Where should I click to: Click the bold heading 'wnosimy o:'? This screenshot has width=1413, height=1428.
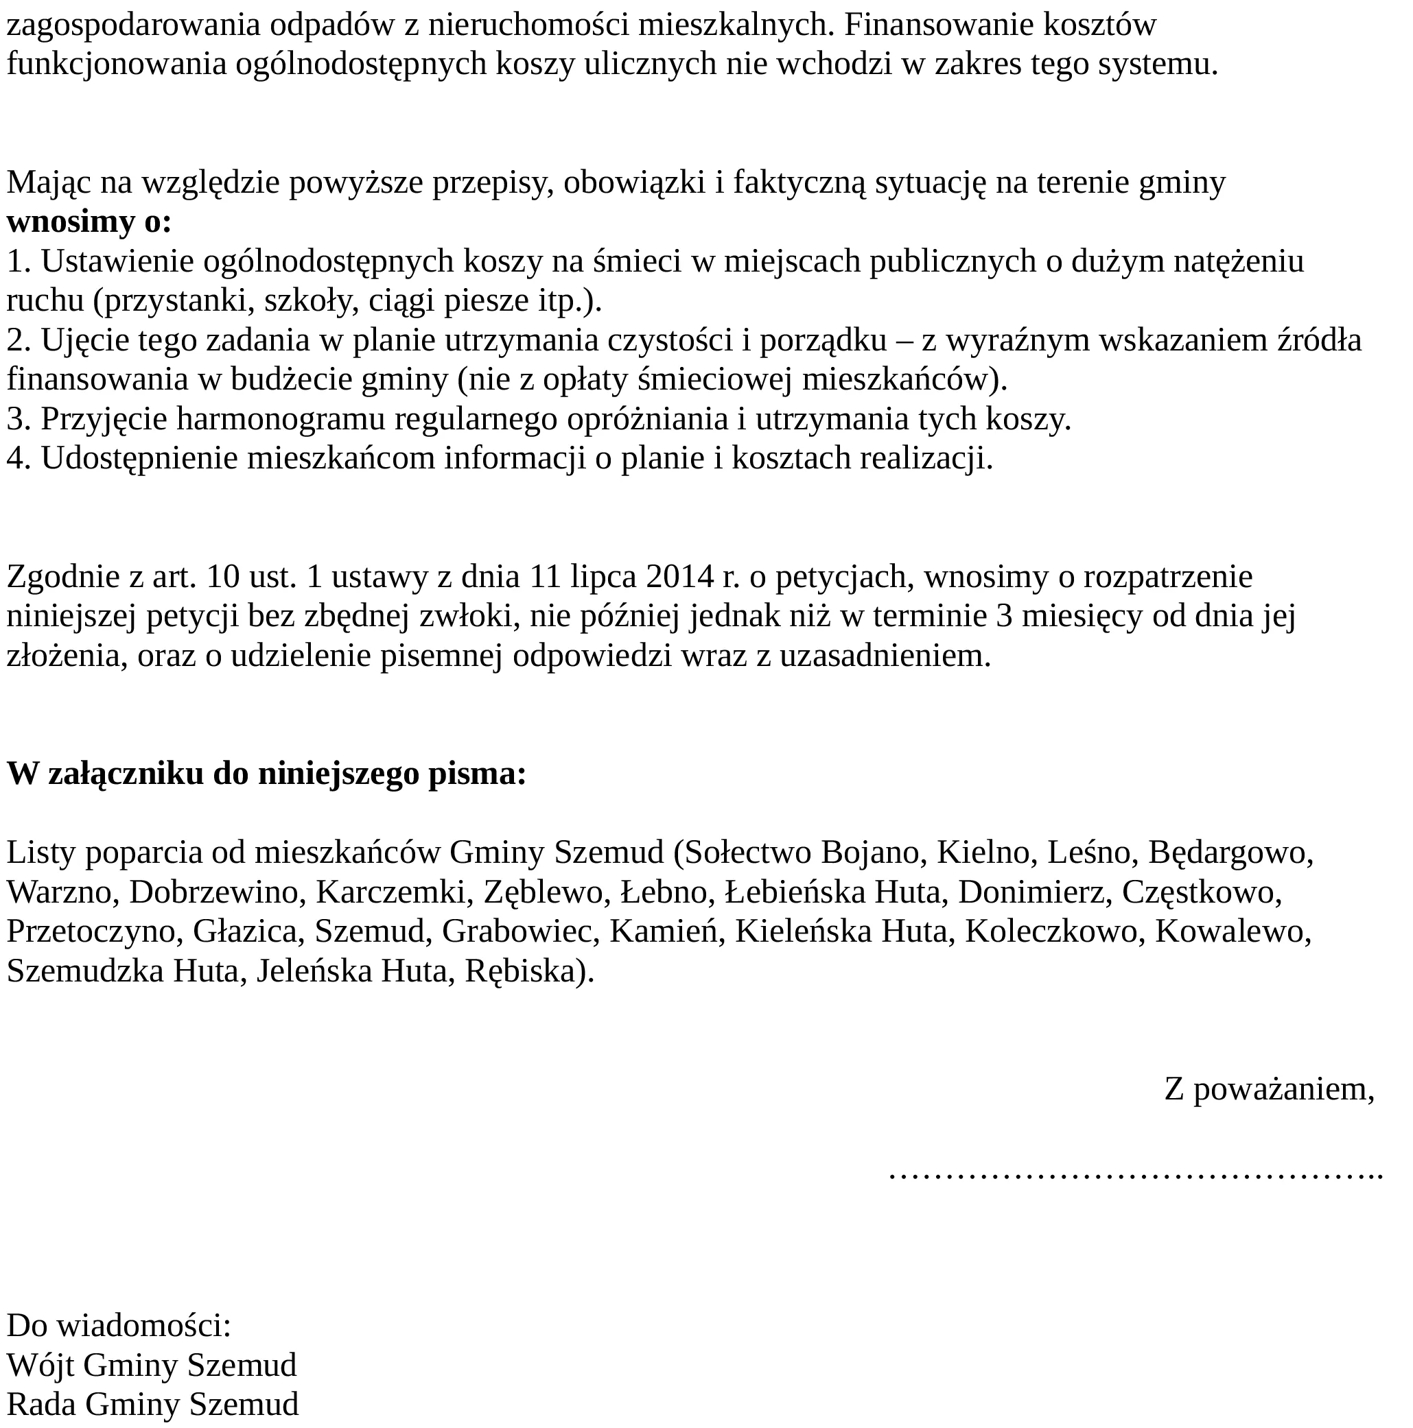(x=89, y=222)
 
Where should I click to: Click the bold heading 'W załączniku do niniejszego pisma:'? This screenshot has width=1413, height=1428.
(x=266, y=774)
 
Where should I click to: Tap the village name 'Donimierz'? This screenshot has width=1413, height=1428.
(x=1034, y=892)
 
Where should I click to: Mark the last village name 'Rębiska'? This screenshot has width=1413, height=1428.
(x=526, y=971)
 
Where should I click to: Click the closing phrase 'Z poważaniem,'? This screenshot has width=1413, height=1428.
(x=1269, y=1088)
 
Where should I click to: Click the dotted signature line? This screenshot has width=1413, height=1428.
(x=1135, y=1173)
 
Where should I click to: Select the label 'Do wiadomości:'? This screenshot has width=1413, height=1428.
(x=119, y=1325)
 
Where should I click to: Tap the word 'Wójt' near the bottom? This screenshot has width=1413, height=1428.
(x=40, y=1364)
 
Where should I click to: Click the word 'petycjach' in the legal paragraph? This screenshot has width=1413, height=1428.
(x=838, y=577)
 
